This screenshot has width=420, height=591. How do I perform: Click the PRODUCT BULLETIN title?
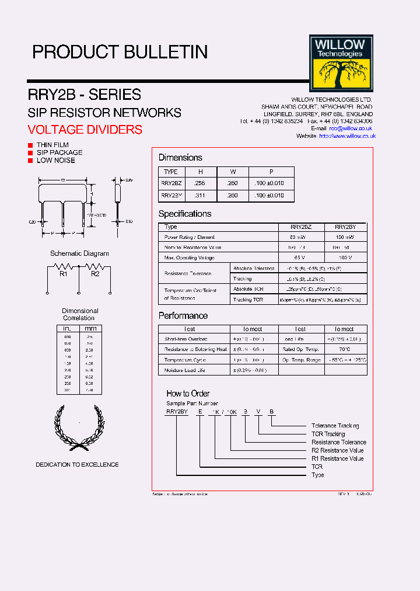tap(120, 52)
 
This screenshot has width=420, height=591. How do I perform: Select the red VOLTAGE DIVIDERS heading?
tap(85, 130)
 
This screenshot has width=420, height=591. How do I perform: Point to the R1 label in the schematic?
tap(64, 273)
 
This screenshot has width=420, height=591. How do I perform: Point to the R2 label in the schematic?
tap(96, 273)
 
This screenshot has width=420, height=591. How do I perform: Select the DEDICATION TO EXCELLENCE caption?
tap(77, 465)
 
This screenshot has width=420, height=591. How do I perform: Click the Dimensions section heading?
tap(180, 158)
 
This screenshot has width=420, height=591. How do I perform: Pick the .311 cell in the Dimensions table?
tap(200, 196)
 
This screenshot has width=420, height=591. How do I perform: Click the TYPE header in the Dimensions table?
tap(171, 172)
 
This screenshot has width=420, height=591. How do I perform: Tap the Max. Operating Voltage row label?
tap(189, 258)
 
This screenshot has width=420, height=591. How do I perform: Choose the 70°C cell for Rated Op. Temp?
tap(344, 349)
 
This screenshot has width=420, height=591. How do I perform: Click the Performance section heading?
tap(183, 316)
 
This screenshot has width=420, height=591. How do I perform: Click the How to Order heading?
tap(188, 394)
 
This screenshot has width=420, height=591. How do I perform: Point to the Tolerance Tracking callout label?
tap(335, 426)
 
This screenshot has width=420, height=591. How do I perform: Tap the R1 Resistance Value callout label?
tap(337, 458)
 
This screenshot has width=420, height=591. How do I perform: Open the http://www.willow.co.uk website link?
tap(347, 136)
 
